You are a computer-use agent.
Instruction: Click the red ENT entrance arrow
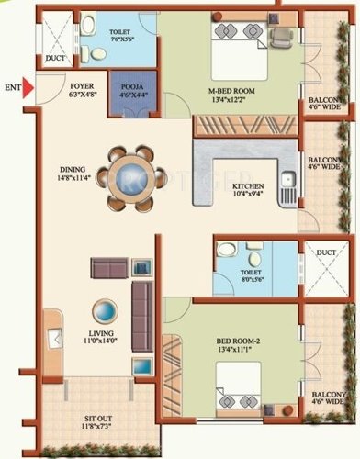(x=29, y=88)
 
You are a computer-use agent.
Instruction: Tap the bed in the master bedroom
(x=246, y=55)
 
